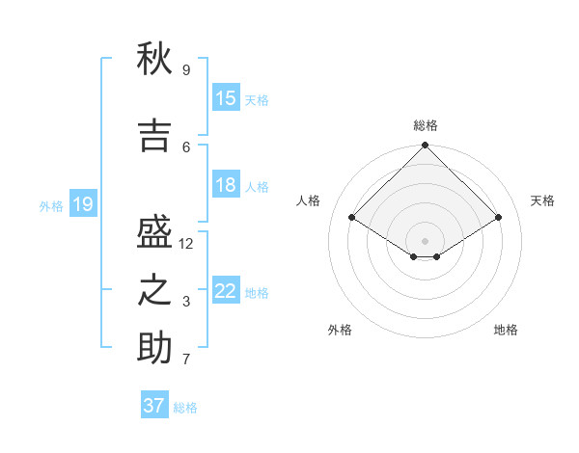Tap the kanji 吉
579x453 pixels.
(x=154, y=136)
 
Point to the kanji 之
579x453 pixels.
(x=154, y=290)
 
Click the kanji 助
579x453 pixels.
(x=154, y=348)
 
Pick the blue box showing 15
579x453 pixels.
(x=226, y=98)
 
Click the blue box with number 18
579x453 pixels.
(x=226, y=185)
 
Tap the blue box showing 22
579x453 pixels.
(x=226, y=291)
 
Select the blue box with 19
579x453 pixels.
(x=83, y=204)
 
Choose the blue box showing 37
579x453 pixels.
(x=154, y=406)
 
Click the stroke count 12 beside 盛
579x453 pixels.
(x=186, y=244)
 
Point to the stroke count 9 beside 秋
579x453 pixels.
(x=186, y=69)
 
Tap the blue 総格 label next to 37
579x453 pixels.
(x=185, y=408)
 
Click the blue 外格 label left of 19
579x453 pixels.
(x=50, y=206)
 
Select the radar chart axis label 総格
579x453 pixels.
(x=425, y=125)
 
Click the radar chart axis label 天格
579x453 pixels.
(x=542, y=200)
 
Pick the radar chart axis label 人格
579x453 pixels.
(x=308, y=200)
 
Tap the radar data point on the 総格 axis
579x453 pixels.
(x=425, y=147)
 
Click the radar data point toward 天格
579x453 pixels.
(x=499, y=218)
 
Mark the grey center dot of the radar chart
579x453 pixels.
(x=425, y=240)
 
